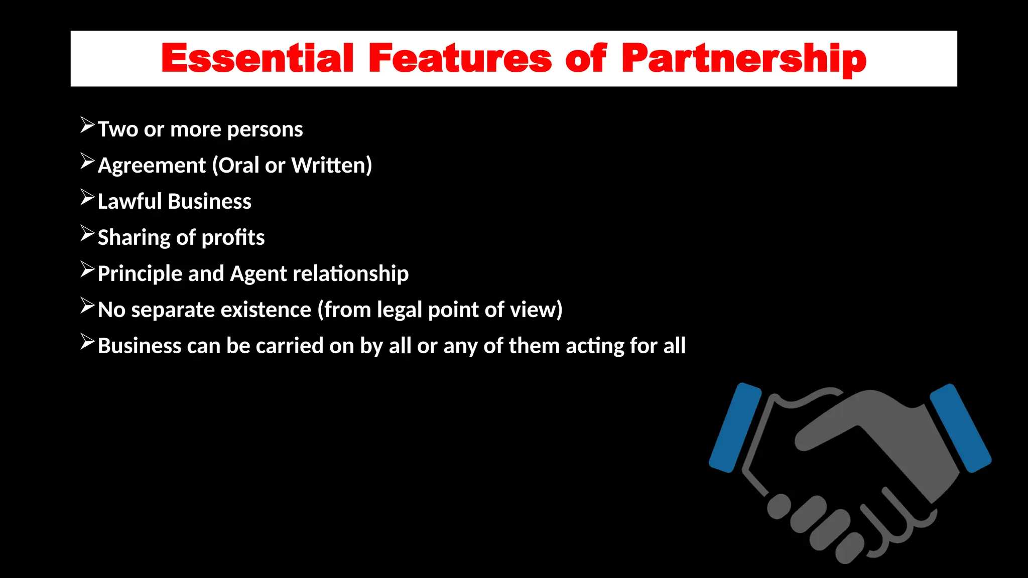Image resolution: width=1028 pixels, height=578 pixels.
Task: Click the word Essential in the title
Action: point(258,59)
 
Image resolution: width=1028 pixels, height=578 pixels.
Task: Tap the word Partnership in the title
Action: point(743,59)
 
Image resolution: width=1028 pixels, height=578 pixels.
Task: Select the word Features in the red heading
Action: point(460,59)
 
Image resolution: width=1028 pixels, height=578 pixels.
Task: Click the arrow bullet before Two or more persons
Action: point(87,125)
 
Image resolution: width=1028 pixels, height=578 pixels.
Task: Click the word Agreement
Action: point(152,166)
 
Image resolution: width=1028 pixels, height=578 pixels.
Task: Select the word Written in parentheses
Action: point(332,166)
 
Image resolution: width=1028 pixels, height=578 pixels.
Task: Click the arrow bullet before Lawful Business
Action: point(87,198)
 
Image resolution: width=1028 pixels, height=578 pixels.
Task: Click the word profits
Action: point(233,238)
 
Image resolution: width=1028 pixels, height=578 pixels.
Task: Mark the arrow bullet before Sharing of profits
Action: point(87,234)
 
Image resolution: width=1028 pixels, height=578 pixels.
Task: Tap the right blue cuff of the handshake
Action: point(960,427)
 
